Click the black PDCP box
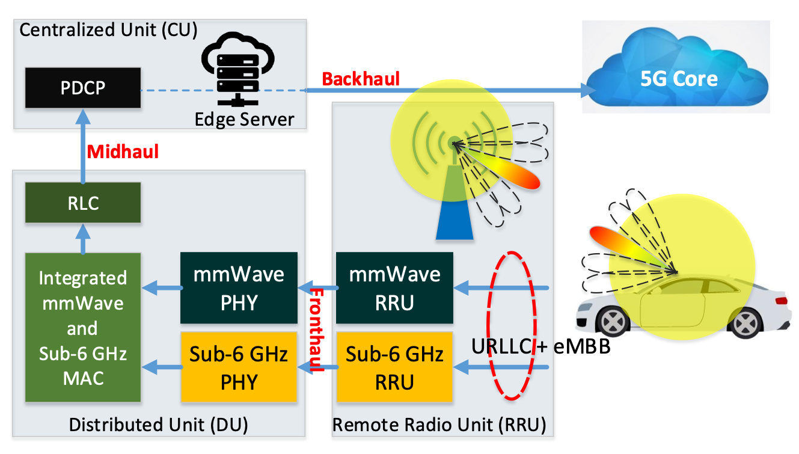coord(83,88)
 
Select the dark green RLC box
coord(83,203)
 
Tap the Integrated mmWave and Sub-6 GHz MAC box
coord(83,327)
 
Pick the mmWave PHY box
coord(239,288)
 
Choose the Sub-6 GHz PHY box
coord(239,367)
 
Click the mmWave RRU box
coord(394,288)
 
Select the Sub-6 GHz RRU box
coord(394,367)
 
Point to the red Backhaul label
coord(361,79)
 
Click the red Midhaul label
coord(123,152)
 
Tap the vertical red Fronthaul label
coord(316,330)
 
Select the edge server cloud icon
coord(237,69)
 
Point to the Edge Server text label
coord(244,120)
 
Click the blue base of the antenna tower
coord(455,219)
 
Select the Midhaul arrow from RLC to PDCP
coord(83,146)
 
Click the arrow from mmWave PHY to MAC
coord(162,288)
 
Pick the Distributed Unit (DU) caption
coord(158,425)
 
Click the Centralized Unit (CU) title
coord(108,30)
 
